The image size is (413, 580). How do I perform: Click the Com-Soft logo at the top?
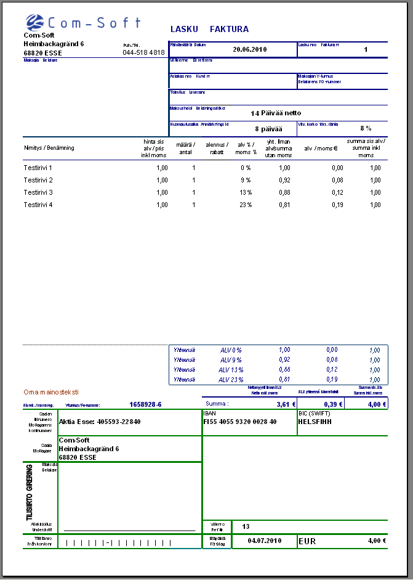[83, 23]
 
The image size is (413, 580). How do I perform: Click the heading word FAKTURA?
[229, 29]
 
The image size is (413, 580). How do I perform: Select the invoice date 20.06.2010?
[250, 49]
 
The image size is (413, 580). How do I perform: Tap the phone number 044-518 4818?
[143, 53]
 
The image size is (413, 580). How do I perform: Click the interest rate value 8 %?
[366, 128]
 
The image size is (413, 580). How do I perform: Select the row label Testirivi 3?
[38, 192]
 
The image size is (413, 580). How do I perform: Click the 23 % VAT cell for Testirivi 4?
[245, 205]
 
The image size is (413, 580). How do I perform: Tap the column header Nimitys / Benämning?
[49, 148]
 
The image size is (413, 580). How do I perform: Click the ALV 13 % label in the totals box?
[231, 370]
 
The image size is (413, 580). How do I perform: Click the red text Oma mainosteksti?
[51, 392]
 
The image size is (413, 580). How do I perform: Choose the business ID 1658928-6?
[145, 404]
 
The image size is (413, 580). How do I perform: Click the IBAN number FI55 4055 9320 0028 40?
[240, 422]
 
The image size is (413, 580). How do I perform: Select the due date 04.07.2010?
[264, 541]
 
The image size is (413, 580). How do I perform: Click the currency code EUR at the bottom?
[307, 541]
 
